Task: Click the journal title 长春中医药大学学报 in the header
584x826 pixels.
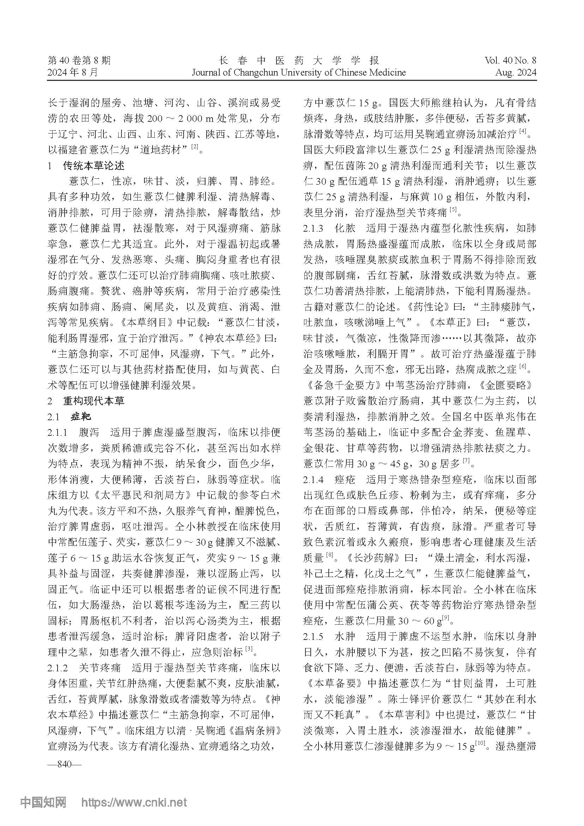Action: point(298,60)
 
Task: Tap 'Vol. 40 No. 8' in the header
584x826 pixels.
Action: point(510,60)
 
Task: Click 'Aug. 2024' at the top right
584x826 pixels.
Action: point(515,72)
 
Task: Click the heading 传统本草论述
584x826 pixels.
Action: point(94,166)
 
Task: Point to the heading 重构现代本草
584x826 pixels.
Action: point(94,401)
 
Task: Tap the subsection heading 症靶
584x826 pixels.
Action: point(81,417)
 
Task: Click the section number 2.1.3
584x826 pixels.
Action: point(313,228)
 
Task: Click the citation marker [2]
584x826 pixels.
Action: point(195,147)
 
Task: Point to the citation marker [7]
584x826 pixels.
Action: point(466,460)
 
